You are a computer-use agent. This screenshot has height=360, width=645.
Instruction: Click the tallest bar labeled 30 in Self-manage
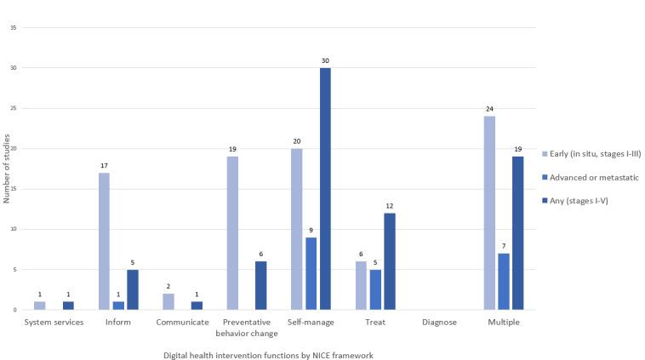[325, 188]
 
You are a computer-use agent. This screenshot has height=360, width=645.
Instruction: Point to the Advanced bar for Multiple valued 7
[503, 281]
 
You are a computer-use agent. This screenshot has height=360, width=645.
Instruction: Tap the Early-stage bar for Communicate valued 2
[168, 301]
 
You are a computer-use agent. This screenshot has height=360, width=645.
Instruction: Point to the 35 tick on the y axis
[14, 27]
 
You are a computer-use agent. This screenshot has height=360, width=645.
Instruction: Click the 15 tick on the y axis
[14, 189]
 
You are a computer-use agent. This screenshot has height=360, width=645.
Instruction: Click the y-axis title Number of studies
[6, 169]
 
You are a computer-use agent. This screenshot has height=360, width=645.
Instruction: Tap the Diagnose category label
[439, 323]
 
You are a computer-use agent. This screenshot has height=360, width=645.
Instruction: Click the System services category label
[54, 323]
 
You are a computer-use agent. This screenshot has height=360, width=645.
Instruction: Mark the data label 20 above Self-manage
[296, 140]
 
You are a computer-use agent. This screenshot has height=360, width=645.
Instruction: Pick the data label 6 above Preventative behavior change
[261, 254]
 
